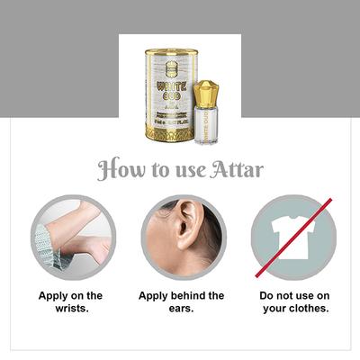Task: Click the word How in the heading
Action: (x=119, y=170)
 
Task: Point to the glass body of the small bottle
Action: (x=206, y=126)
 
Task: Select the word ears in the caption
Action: (x=181, y=309)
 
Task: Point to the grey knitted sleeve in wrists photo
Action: (x=44, y=247)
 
